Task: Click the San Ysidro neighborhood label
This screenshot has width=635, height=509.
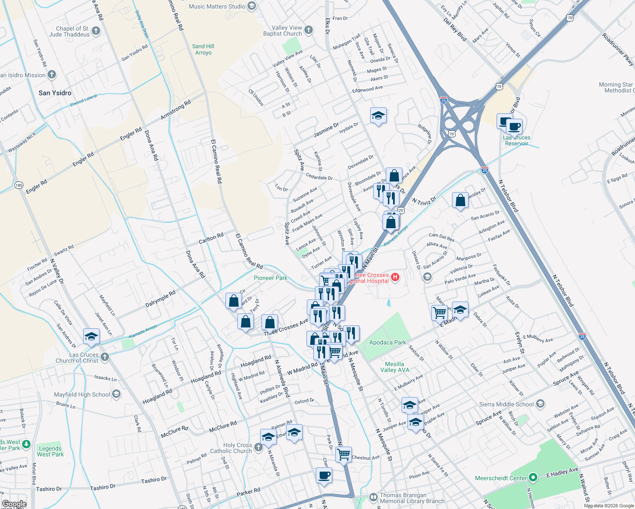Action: [55, 93]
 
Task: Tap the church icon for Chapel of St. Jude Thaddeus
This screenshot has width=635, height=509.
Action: [96, 31]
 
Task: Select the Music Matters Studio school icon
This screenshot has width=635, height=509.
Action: [252, 6]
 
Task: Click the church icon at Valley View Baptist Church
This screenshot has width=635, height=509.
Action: [309, 30]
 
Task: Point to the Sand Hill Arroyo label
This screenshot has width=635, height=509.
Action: [203, 49]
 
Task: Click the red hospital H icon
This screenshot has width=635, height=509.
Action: [395, 277]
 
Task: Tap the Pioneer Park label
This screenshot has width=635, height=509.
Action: [270, 278]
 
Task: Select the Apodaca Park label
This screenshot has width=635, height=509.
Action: [387, 342]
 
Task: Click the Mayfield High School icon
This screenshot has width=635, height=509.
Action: [116, 394]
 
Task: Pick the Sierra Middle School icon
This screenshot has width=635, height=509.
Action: [540, 403]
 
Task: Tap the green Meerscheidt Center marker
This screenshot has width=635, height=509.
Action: [534, 478]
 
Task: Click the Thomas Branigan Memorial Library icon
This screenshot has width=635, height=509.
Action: [373, 497]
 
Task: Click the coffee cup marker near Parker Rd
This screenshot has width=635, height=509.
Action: [324, 475]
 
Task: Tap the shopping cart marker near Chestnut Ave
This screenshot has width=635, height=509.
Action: [343, 454]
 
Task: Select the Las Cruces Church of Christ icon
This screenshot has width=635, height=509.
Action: [105, 357]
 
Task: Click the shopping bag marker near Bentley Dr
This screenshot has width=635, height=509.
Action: [460, 200]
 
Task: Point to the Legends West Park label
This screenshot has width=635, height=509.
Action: [50, 451]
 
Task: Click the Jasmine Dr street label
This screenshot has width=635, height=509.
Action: [326, 130]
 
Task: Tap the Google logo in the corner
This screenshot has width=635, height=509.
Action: [14, 504]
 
